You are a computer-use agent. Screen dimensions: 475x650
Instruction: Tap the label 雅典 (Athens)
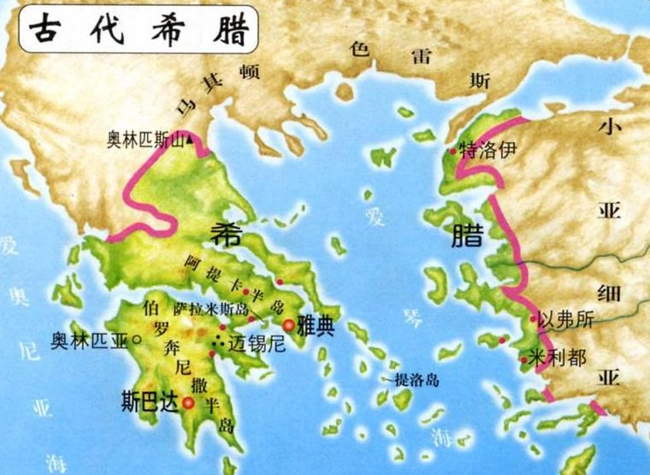[x=315, y=328]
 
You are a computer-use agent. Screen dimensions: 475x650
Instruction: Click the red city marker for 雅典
[x=289, y=325]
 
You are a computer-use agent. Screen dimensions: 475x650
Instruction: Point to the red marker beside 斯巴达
[x=187, y=401]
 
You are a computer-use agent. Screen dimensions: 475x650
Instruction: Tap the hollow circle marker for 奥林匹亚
[x=137, y=340]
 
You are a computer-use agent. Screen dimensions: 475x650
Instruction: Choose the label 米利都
[x=558, y=357]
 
